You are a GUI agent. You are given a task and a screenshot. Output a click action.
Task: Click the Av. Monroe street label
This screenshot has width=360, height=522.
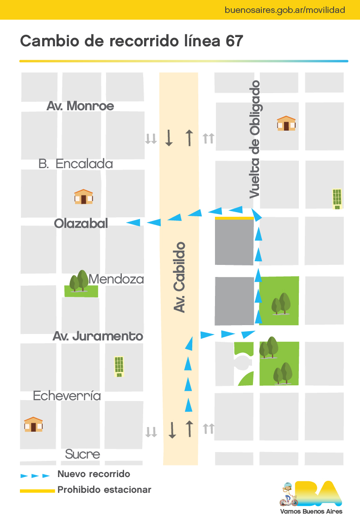click(80, 106)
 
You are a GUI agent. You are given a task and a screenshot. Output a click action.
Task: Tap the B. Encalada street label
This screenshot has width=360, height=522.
click(76, 164)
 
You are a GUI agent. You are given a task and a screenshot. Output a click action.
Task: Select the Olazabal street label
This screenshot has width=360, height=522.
click(81, 224)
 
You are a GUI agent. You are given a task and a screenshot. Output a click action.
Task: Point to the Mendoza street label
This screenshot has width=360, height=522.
click(116, 280)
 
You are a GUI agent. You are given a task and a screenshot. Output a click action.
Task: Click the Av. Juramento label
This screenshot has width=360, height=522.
click(98, 336)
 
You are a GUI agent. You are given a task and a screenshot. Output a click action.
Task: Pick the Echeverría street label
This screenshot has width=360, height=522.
click(67, 396)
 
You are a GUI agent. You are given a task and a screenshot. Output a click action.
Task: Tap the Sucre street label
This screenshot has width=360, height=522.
click(82, 454)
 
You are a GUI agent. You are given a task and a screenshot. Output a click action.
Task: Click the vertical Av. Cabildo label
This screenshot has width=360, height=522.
click(180, 277)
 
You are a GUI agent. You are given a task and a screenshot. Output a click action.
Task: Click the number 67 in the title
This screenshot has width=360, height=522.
click(234, 41)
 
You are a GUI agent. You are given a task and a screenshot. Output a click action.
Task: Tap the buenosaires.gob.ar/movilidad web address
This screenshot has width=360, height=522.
click(284, 10)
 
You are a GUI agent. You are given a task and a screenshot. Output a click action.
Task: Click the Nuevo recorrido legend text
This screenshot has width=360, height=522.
click(94, 474)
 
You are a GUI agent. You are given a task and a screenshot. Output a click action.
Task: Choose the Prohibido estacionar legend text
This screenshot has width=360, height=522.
click(104, 490)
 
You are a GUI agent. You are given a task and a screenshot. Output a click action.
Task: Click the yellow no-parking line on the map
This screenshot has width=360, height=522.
click(234, 218)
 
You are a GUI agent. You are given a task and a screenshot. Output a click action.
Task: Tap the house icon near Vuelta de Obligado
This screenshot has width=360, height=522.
click(286, 124)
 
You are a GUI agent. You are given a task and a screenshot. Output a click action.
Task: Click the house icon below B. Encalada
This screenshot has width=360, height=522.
click(83, 197)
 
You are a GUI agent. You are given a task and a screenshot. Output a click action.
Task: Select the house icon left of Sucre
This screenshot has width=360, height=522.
click(33, 424)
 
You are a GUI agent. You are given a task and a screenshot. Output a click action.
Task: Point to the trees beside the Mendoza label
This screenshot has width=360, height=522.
click(79, 281)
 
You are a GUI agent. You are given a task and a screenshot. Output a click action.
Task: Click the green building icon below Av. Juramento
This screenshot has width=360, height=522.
click(119, 366)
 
